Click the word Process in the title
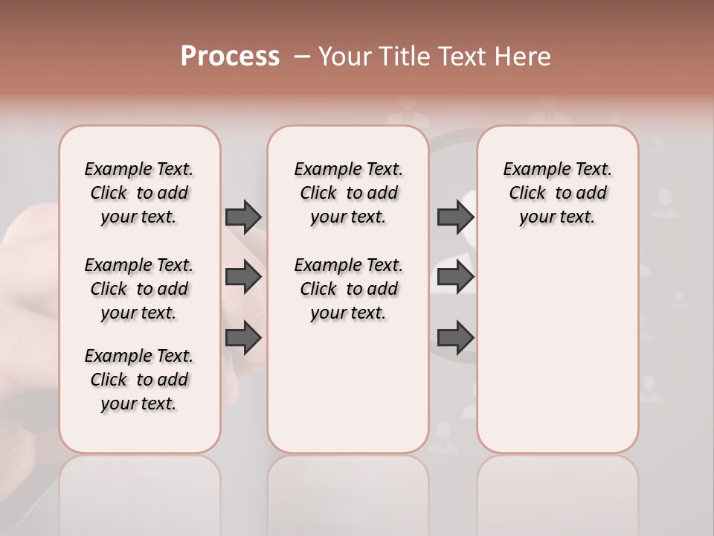click(230, 57)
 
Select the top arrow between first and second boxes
click(243, 217)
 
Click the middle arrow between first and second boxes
click(243, 278)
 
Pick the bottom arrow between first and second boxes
click(243, 339)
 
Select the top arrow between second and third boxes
click(455, 217)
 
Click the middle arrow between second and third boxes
click(455, 278)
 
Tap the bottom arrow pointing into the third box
click(455, 339)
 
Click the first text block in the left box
click(139, 193)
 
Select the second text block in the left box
click(139, 289)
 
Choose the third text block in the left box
click(139, 380)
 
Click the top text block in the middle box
click(348, 193)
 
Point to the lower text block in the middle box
click(348, 289)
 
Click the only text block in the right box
click(557, 193)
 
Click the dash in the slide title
click(302, 57)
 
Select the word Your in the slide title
click(345, 57)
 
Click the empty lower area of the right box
click(557, 350)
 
